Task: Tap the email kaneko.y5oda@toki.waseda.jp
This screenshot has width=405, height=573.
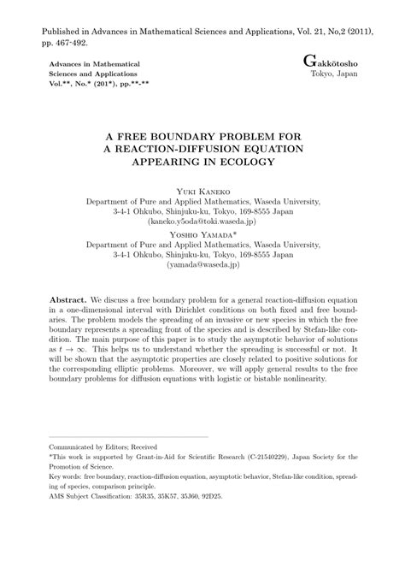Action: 202,221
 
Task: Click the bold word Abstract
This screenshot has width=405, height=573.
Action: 67,304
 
